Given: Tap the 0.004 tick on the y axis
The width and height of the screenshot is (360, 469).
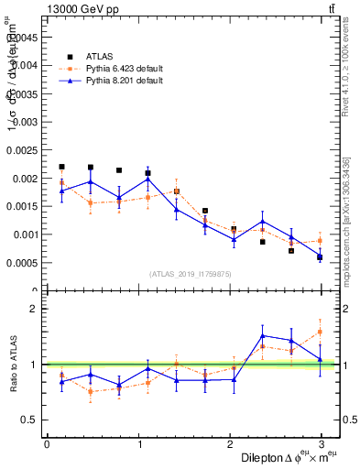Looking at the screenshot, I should tap(25, 65).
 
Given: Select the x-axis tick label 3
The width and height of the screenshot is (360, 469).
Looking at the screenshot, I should tap(321, 444).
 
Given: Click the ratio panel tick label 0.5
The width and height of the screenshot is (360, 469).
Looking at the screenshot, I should tap(28, 420).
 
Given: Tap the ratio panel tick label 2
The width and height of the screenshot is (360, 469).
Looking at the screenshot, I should tap(33, 309).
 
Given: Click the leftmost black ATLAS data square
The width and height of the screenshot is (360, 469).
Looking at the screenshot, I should tap(61, 167).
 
